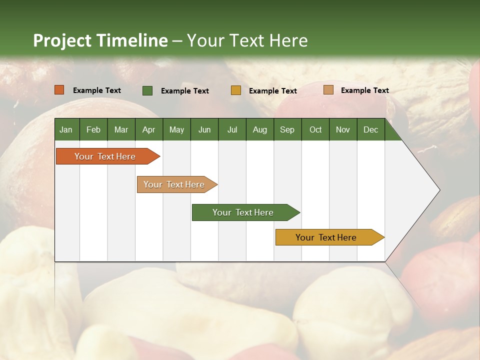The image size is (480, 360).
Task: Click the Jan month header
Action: point(66,129)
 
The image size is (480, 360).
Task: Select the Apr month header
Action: point(148,129)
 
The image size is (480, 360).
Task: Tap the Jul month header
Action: point(232,129)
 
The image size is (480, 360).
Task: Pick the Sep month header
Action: point(287,129)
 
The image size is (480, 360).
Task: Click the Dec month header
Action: point(370,129)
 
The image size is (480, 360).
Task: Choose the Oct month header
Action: point(315,129)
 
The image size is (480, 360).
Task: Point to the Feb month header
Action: point(93,129)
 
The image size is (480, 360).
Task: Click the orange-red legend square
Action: point(59,90)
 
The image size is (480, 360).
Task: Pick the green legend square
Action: point(147,90)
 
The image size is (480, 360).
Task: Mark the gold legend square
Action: point(236,90)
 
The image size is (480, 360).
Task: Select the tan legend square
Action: point(328,90)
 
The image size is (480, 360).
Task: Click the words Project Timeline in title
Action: point(100,40)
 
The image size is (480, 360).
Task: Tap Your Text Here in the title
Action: point(247,40)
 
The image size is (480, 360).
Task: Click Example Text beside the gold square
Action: point(273,91)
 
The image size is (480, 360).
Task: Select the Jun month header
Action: point(204,129)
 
